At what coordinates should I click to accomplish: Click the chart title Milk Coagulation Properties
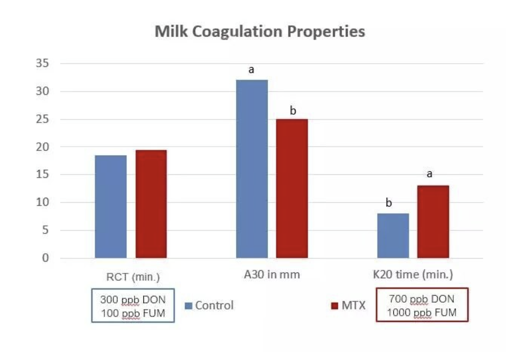pos(260,31)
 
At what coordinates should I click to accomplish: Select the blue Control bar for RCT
pos(111,207)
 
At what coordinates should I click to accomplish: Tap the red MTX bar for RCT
pos(151,204)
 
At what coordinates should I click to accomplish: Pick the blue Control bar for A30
pos(252,169)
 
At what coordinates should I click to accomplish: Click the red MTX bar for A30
pos(292,188)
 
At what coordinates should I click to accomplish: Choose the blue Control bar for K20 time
pos(393,236)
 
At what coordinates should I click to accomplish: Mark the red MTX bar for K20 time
pos(433,222)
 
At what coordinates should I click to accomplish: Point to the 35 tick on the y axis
pos(42,63)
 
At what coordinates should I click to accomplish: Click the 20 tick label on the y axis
pos(42,147)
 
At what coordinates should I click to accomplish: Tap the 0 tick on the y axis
pos(45,258)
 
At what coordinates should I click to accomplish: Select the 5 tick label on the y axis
pos(45,230)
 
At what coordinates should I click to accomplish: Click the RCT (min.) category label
pos(133,277)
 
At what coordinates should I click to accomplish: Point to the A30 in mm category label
pos(272,275)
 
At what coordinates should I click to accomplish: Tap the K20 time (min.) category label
pos(413,275)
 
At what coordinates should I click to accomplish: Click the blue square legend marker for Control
pos(188,306)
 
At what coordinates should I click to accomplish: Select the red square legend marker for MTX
pos(334,306)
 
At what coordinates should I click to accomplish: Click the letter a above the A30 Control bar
pos(251,70)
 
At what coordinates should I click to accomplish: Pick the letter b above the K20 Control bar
pos(389,203)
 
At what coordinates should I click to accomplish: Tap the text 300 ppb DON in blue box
pos(133,300)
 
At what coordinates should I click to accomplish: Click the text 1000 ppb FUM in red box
pos(422,312)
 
